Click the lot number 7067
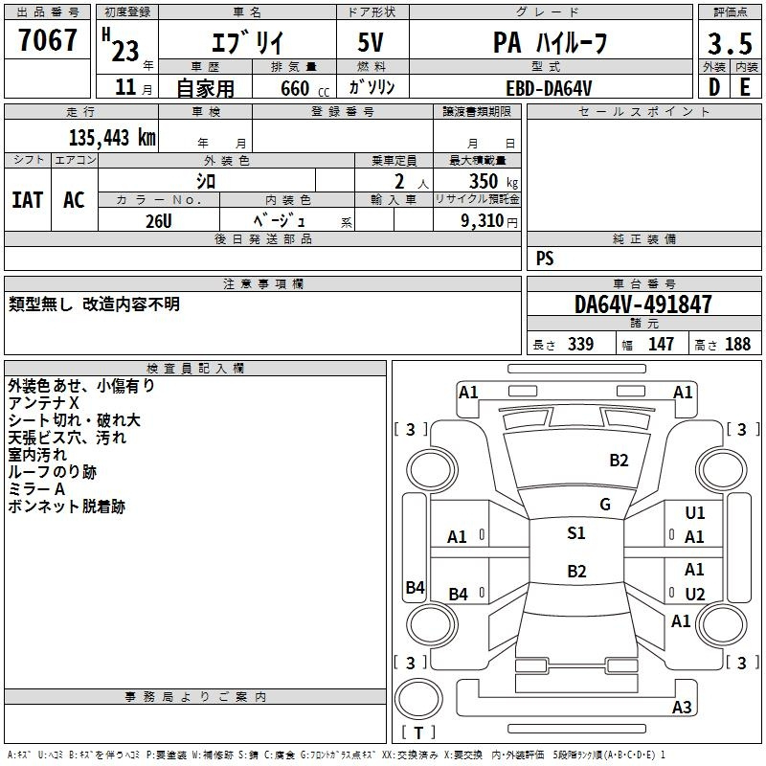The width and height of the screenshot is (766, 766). pos(48,40)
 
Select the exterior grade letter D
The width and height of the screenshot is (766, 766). pos(713,86)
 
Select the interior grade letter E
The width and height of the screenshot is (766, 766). pos(744,86)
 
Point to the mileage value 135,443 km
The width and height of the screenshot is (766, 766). pos(112,137)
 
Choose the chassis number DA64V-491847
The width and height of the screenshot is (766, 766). pos(643,304)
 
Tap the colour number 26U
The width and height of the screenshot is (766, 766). pos(158,219)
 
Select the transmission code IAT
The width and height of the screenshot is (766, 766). pos(27,199)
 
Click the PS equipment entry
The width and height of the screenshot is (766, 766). pos(545,258)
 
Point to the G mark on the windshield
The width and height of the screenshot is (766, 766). pos(605,505)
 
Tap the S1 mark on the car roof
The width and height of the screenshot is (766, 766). pos(575,533)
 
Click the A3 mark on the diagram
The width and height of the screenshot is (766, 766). pos(681,708)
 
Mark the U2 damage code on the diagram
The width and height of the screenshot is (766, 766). pos(694,595)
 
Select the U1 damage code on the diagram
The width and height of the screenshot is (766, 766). pos(694,513)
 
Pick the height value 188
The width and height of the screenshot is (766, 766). pos(737,345)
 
